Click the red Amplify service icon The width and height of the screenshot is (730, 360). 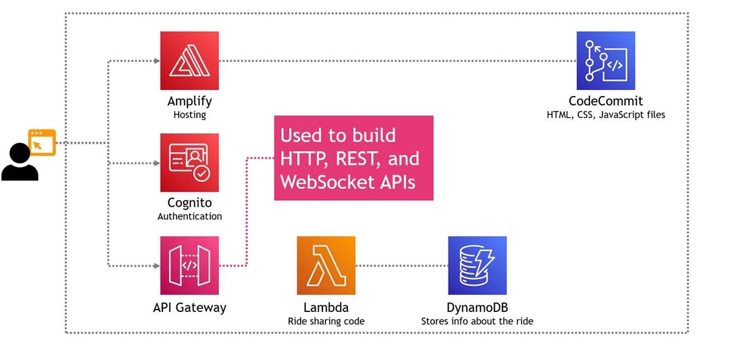click(189, 61)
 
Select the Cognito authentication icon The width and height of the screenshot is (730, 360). click(189, 163)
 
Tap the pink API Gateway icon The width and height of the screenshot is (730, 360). click(189, 266)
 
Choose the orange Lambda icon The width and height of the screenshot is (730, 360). click(326, 266)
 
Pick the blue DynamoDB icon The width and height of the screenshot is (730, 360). click(477, 266)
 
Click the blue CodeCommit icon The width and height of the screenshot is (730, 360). click(606, 61)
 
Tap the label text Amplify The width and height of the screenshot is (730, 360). click(189, 101)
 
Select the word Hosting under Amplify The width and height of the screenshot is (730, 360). click(189, 114)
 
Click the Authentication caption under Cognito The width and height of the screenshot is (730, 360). click(189, 216)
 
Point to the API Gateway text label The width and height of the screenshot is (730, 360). click(189, 308)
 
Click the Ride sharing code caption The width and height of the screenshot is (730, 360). click(326, 320)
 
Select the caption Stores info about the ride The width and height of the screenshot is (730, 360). click(477, 320)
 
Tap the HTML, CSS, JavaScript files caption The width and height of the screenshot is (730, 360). click(606, 114)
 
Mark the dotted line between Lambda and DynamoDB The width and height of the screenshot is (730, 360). click(401, 266)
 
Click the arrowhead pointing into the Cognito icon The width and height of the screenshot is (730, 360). click(156, 164)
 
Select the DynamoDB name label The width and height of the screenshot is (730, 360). click(477, 308)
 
